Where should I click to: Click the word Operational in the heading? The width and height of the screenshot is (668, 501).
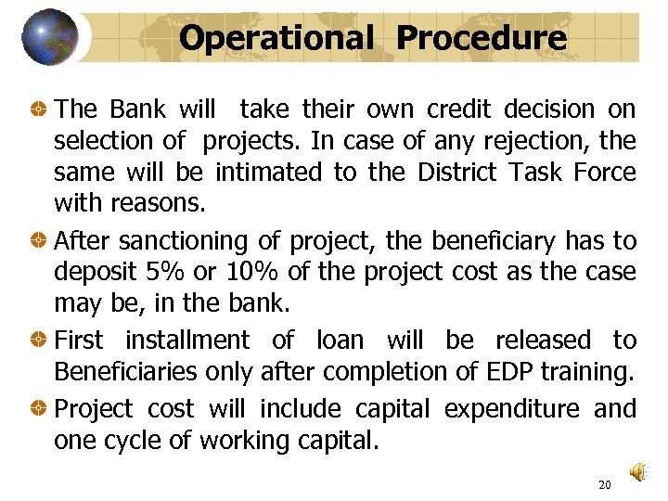tap(275, 38)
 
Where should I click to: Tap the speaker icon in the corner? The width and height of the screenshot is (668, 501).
tap(639, 473)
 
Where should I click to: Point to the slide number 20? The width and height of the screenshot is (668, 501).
tap(605, 484)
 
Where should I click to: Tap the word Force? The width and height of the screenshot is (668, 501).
tap(604, 173)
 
